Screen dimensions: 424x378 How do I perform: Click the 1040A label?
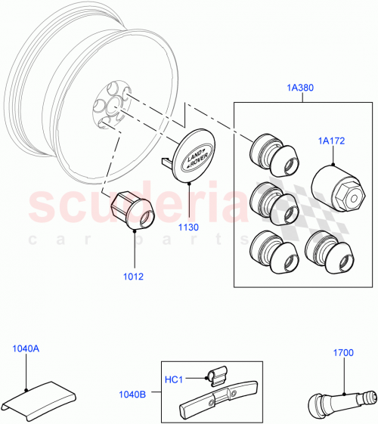click(x=26, y=348)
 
